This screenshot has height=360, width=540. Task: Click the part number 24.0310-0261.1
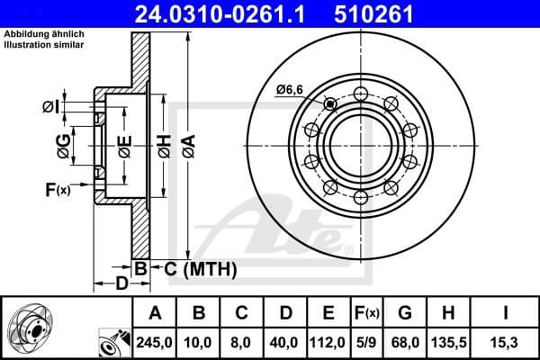(x=234, y=14)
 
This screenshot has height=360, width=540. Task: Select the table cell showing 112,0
(x=328, y=341)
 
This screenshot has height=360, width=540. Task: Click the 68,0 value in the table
(x=404, y=341)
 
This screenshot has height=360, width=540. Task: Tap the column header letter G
(x=404, y=312)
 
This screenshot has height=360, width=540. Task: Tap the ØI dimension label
(x=51, y=107)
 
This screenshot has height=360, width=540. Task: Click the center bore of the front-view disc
(x=359, y=144)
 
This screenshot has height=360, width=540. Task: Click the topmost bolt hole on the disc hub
(x=360, y=93)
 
